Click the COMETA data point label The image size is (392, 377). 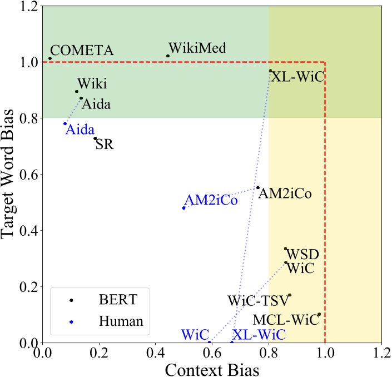pos(82,51)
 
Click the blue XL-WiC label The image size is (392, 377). pos(259,335)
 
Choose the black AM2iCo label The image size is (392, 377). pos(285,194)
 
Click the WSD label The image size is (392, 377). pos(302,255)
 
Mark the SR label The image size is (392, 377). pos(103,145)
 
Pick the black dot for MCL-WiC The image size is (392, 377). pos(319,315)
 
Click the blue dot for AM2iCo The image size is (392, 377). pos(183,208)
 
